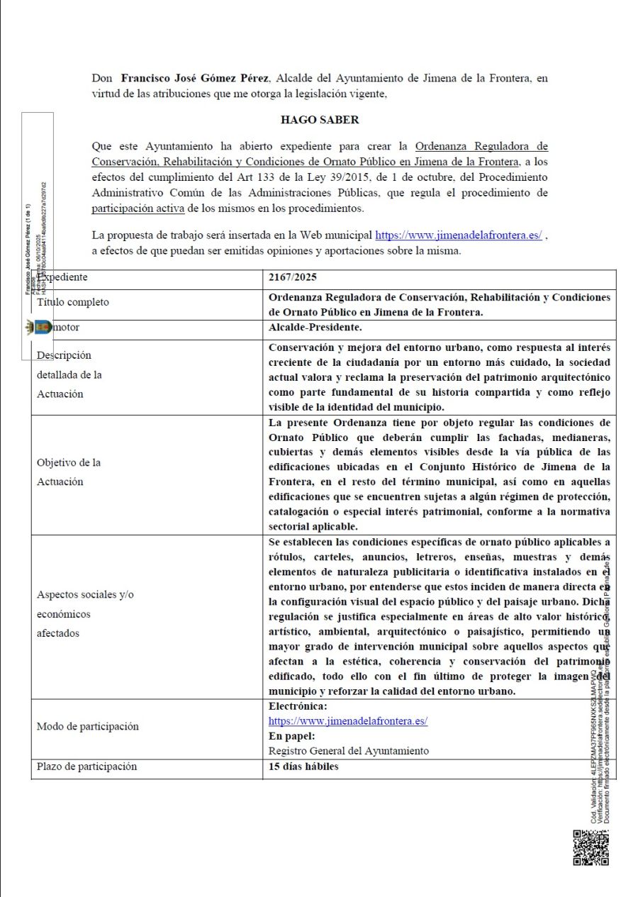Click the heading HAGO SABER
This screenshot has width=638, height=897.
pyautogui.click(x=320, y=120)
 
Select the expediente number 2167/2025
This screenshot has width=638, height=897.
pyautogui.click(x=293, y=277)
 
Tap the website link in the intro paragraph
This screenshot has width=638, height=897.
pyautogui.click(x=458, y=235)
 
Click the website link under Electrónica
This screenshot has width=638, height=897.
pyautogui.click(x=347, y=721)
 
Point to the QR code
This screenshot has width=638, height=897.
pyautogui.click(x=591, y=847)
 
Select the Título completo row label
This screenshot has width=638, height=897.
pyautogui.click(x=73, y=302)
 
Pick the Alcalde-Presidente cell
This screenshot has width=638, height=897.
pyautogui.click(x=315, y=328)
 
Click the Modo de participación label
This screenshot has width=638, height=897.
pyautogui.click(x=87, y=726)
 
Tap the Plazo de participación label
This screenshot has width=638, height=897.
pyautogui.click(x=86, y=767)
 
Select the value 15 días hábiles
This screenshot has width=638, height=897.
pyautogui.click(x=303, y=767)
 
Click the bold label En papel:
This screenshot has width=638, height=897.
pyautogui.click(x=292, y=736)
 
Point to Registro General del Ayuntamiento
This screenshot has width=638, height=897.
pyautogui.click(x=348, y=751)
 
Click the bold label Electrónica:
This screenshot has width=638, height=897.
pyautogui.click(x=298, y=706)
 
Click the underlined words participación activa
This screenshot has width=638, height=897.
pyautogui.click(x=138, y=208)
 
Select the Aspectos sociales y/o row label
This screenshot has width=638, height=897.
pyautogui.click(x=85, y=594)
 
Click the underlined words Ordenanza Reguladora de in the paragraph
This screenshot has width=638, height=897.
pyautogui.click(x=481, y=147)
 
